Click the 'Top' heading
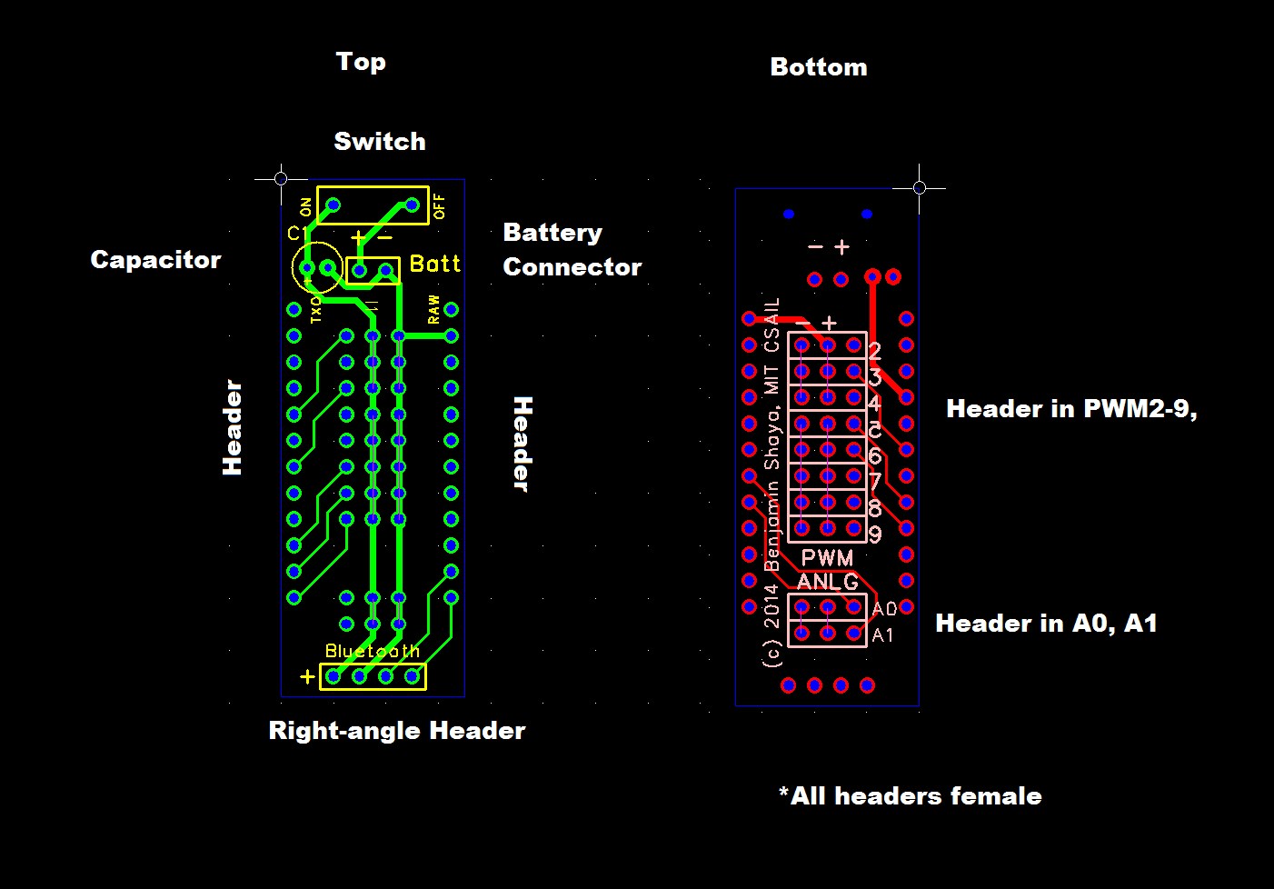tap(361, 62)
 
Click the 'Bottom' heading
tap(818, 67)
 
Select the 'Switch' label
tap(379, 142)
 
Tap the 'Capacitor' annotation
tap(155, 260)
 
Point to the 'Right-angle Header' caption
tap(396, 731)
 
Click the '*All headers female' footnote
tap(910, 796)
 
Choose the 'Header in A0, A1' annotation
tap(1046, 624)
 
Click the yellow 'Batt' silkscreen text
tap(435, 264)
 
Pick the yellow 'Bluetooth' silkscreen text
tap(373, 651)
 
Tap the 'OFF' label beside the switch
tap(440, 206)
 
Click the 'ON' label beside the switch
tap(305, 206)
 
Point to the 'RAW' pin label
tap(433, 309)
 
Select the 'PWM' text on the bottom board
tap(827, 558)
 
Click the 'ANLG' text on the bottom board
tap(827, 582)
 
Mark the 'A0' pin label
tap(883, 609)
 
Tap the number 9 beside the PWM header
tap(874, 534)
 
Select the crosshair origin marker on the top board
tap(281, 178)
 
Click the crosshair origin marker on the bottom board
tap(919, 187)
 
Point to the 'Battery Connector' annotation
tap(572, 250)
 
